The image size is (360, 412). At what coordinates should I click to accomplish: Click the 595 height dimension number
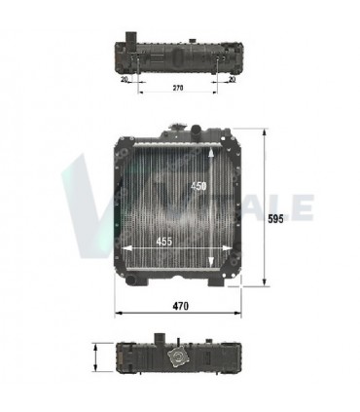point(275,220)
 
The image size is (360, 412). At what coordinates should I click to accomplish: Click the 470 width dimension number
point(180,306)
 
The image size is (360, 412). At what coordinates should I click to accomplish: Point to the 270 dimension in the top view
point(178,86)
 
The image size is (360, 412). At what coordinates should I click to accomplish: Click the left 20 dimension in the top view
point(126,81)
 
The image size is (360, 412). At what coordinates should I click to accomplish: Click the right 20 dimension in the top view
point(232,81)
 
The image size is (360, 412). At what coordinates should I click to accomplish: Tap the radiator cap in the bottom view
point(176,358)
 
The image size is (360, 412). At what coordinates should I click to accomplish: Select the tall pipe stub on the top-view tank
point(127,44)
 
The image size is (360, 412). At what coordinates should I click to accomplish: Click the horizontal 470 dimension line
point(146,314)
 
